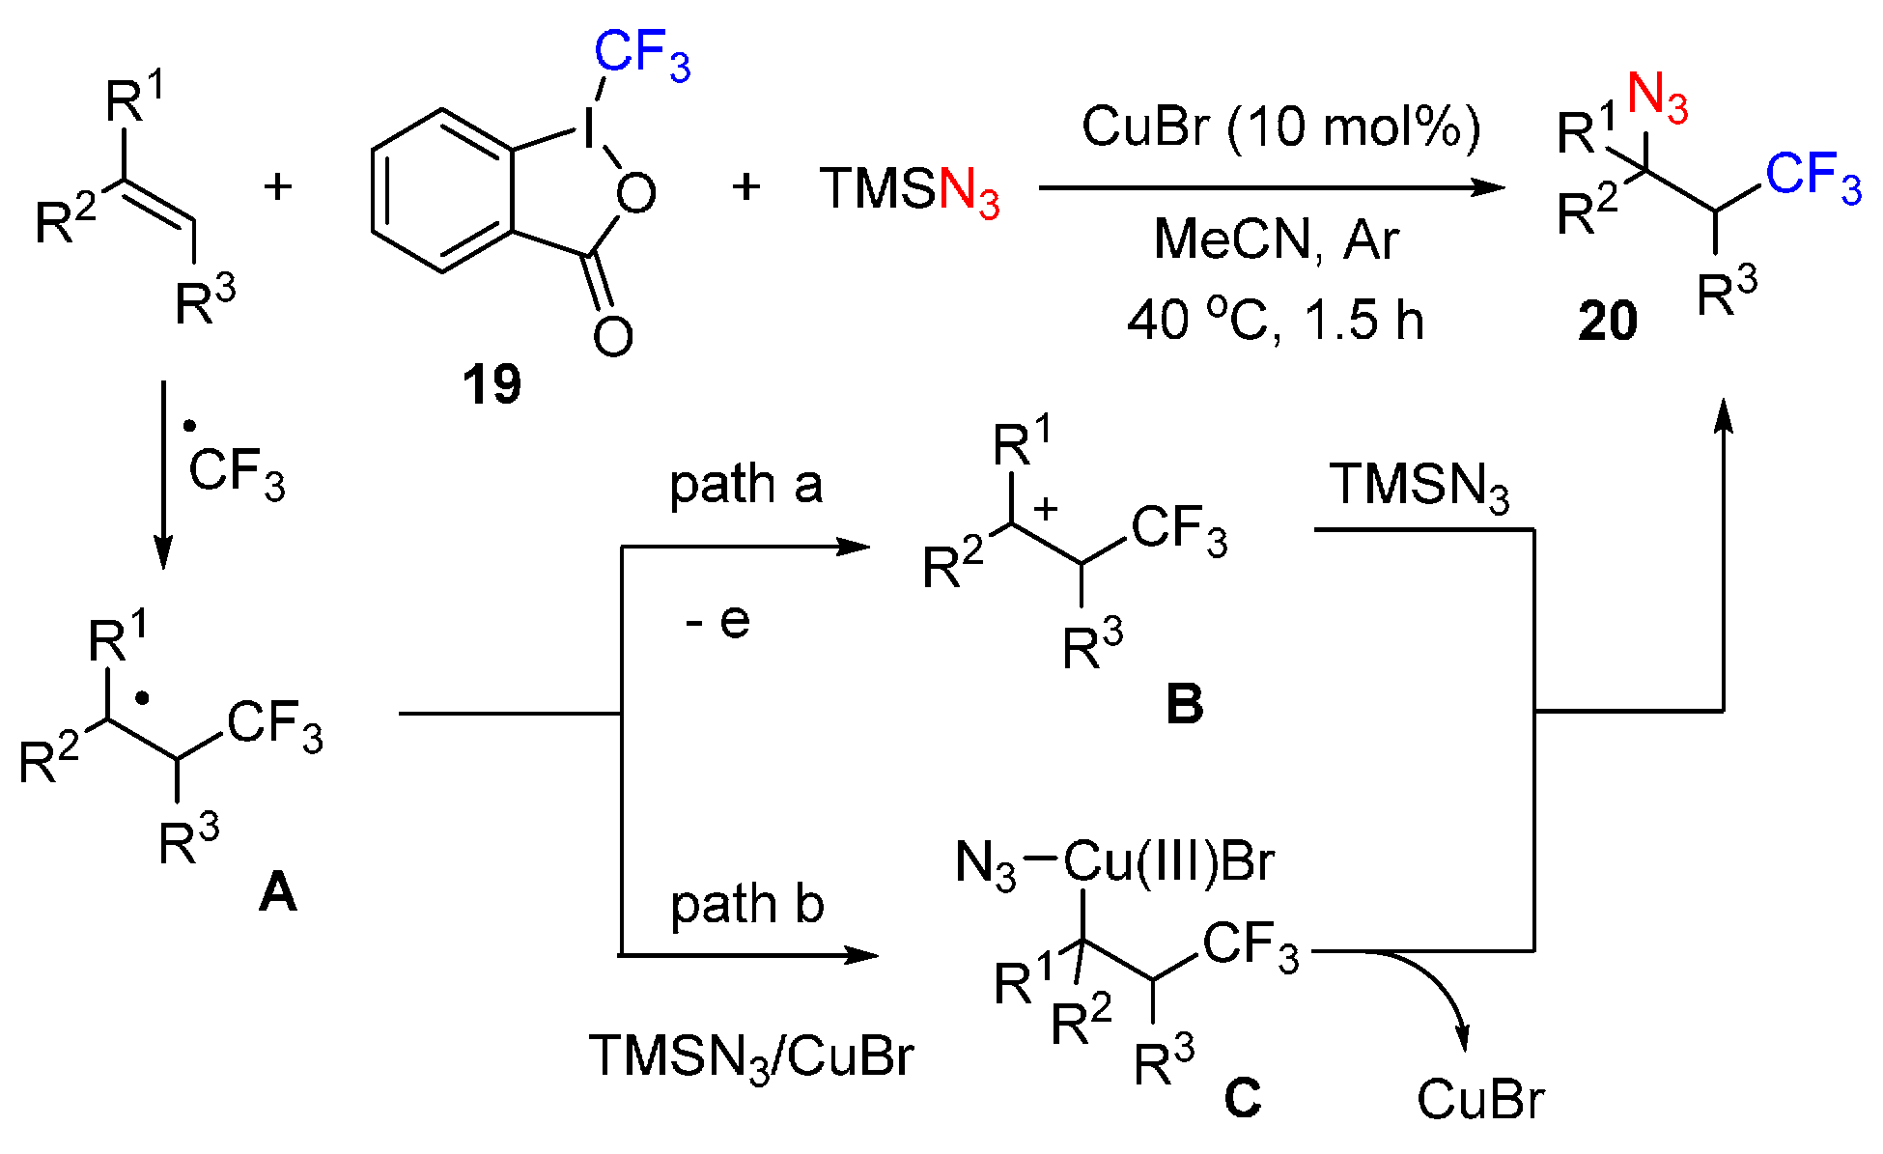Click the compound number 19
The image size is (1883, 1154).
pos(492,384)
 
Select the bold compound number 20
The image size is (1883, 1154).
pos(1608,321)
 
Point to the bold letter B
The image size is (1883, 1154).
pos(1185,704)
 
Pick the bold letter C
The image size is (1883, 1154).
pos(1243,1098)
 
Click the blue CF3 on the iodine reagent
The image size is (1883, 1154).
pos(642,55)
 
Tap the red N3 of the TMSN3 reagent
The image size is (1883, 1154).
pos(969,190)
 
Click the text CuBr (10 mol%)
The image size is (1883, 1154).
pos(1280,127)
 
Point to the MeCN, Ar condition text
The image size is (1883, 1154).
pos(1276,239)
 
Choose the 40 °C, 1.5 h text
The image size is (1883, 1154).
pos(1276,320)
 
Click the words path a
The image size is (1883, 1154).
pos(745,484)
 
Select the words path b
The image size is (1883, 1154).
pos(747,905)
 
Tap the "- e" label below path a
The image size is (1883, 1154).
pos(717,621)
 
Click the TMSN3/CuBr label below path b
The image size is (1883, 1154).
pos(751,1055)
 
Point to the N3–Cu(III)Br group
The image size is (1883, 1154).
pos(1114,860)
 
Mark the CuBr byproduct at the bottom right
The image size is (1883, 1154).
pos(1480,1099)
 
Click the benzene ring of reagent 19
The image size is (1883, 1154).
pos(442,190)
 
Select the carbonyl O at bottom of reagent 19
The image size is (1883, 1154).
pos(613,335)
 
